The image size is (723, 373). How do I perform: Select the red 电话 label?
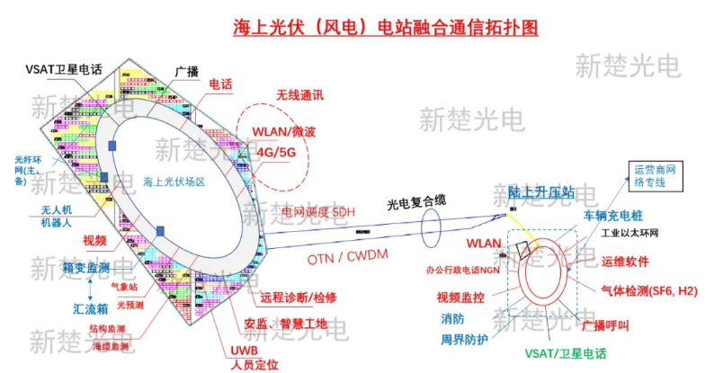point(220,84)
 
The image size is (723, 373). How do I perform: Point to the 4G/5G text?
point(275,151)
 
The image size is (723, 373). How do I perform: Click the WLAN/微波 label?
point(283,132)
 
